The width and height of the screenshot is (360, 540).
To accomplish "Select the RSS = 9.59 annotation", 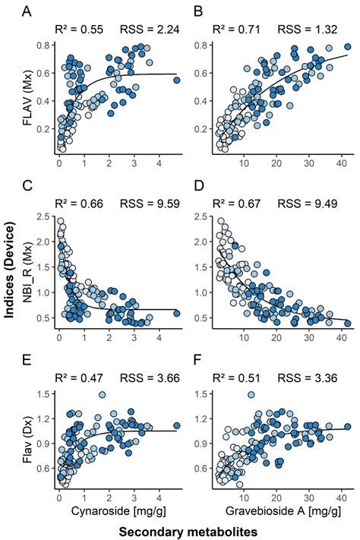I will (150, 204).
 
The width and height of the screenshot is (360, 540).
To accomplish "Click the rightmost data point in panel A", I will (177, 80).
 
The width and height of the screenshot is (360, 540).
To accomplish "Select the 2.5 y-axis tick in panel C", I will (46, 218).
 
